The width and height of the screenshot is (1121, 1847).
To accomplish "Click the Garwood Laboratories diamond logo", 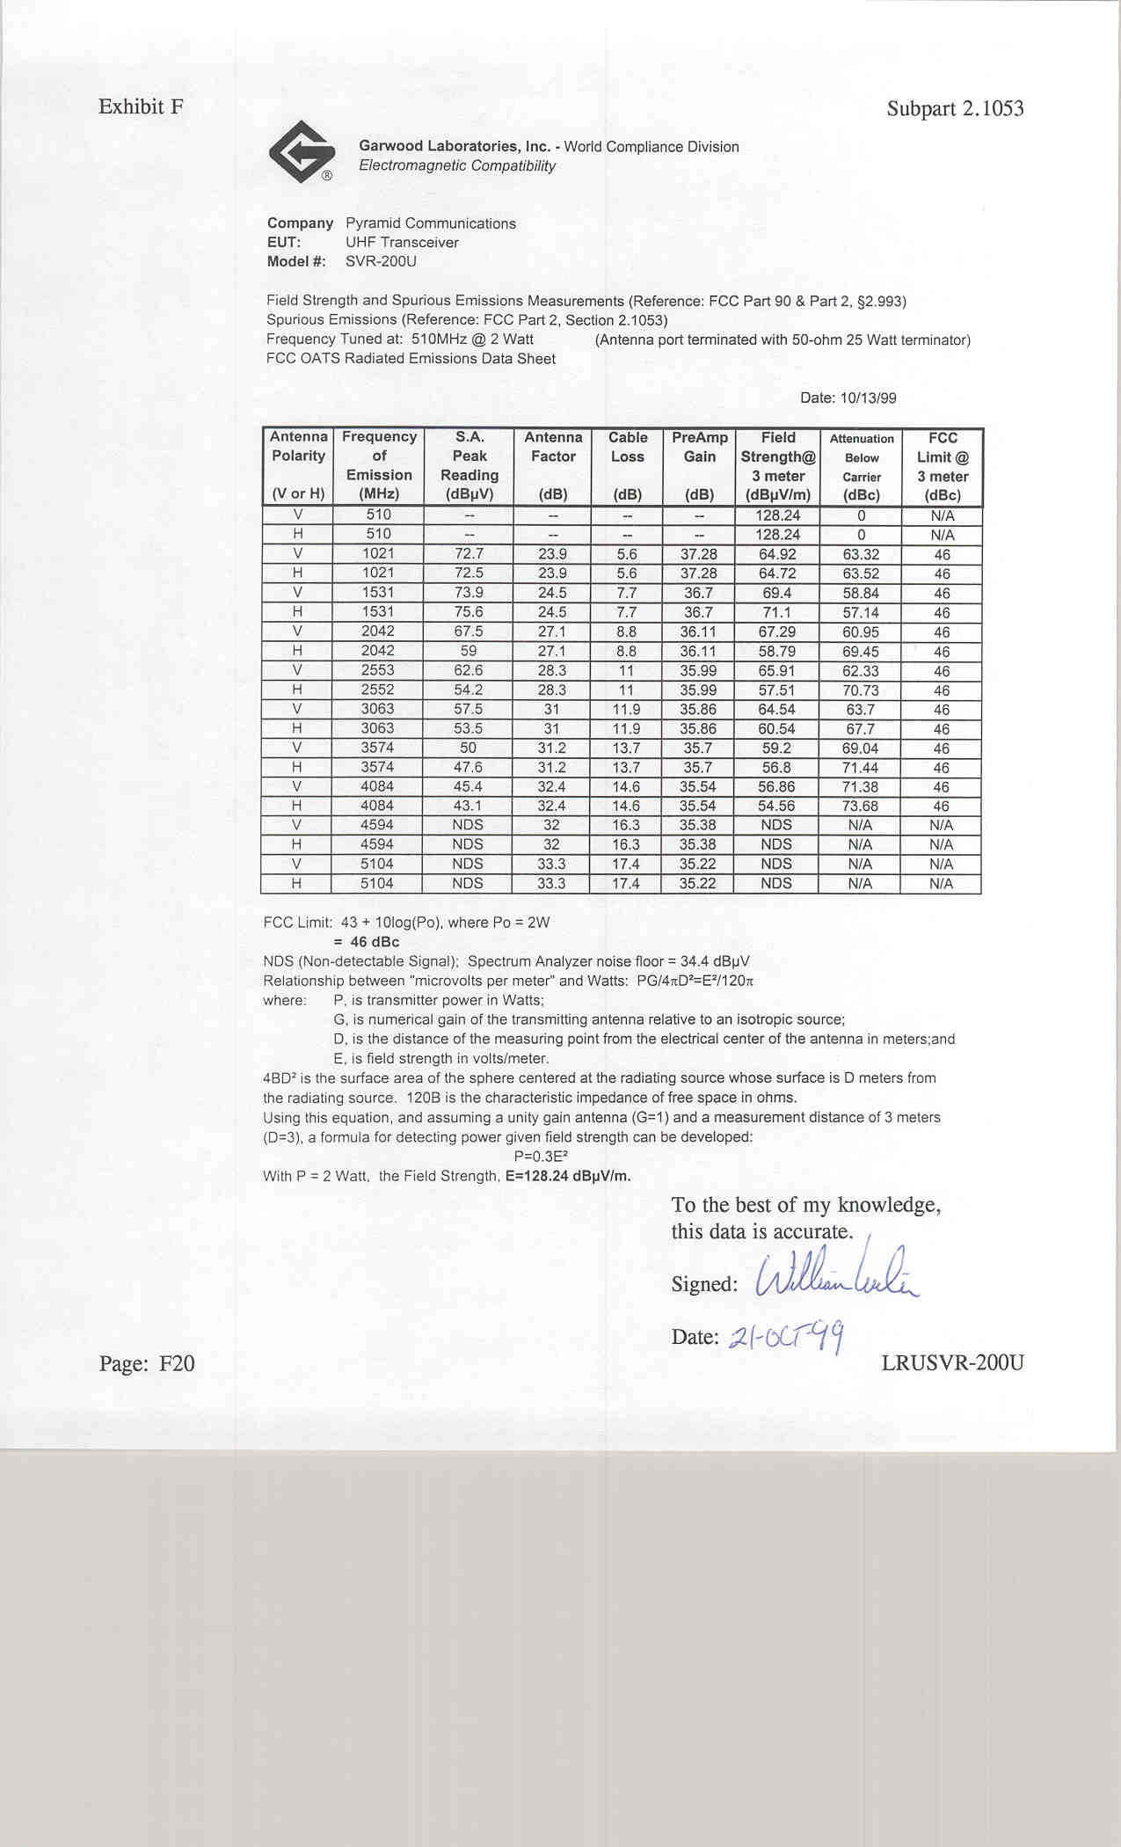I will pyautogui.click(x=302, y=151).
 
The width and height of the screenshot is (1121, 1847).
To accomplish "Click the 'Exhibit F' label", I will pyautogui.click(x=141, y=106).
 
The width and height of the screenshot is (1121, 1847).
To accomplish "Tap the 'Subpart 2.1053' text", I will pyautogui.click(x=955, y=108).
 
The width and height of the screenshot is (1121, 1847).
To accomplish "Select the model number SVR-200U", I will pyautogui.click(x=381, y=261).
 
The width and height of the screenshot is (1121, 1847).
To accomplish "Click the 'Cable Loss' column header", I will pyautogui.click(x=627, y=447).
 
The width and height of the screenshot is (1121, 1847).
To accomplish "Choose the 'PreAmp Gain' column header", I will pyautogui.click(x=699, y=447).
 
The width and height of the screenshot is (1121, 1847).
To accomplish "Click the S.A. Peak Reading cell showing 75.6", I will pyautogui.click(x=469, y=611).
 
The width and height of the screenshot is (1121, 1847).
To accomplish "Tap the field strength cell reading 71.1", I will pyautogui.click(x=777, y=612).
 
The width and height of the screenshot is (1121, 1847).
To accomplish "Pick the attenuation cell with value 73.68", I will pyautogui.click(x=860, y=806).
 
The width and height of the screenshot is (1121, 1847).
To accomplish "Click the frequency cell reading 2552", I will pyautogui.click(x=378, y=690).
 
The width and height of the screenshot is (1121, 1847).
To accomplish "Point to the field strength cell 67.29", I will pyautogui.click(x=777, y=631).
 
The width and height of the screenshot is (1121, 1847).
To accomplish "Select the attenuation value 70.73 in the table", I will pyautogui.click(x=860, y=690).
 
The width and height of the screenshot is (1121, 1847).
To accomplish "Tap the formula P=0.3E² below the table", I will pyautogui.click(x=541, y=1157).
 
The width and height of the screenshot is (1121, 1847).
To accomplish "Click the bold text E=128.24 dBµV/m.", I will pyautogui.click(x=568, y=1176).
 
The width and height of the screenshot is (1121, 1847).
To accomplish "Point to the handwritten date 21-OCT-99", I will pyautogui.click(x=786, y=1337).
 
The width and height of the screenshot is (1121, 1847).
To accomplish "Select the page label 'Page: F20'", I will pyautogui.click(x=147, y=1363).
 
